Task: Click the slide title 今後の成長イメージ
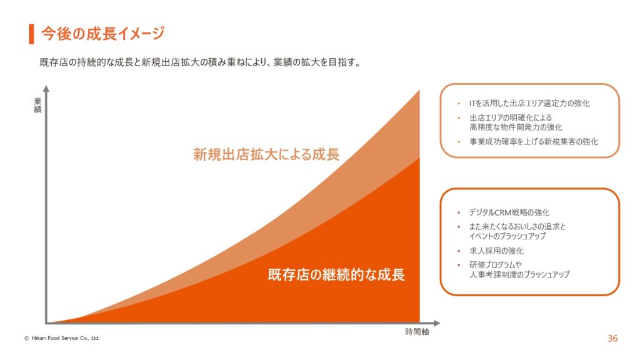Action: tap(103, 34)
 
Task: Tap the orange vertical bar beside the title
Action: tap(31, 34)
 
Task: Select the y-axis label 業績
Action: tap(37, 105)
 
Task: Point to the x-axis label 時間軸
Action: tap(417, 332)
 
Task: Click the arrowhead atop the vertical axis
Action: tap(46, 89)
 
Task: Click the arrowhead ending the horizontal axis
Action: tap(437, 323)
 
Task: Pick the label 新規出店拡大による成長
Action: tap(266, 154)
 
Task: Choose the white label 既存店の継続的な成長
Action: tap(336, 274)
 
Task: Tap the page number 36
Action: tap(612, 338)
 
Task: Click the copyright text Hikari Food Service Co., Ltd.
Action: tap(62, 338)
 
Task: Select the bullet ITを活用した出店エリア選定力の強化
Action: tap(529, 103)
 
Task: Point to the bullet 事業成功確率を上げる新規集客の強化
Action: tap(534, 142)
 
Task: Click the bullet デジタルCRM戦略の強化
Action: tap(509, 212)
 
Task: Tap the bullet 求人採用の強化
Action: tap(496, 251)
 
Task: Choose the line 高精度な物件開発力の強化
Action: tap(516, 127)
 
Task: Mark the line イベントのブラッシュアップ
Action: tap(507, 236)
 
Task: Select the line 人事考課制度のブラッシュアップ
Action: tap(519, 274)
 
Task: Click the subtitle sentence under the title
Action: tap(201, 62)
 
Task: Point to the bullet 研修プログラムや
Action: tap(496, 264)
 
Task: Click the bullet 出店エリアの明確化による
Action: tap(511, 117)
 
